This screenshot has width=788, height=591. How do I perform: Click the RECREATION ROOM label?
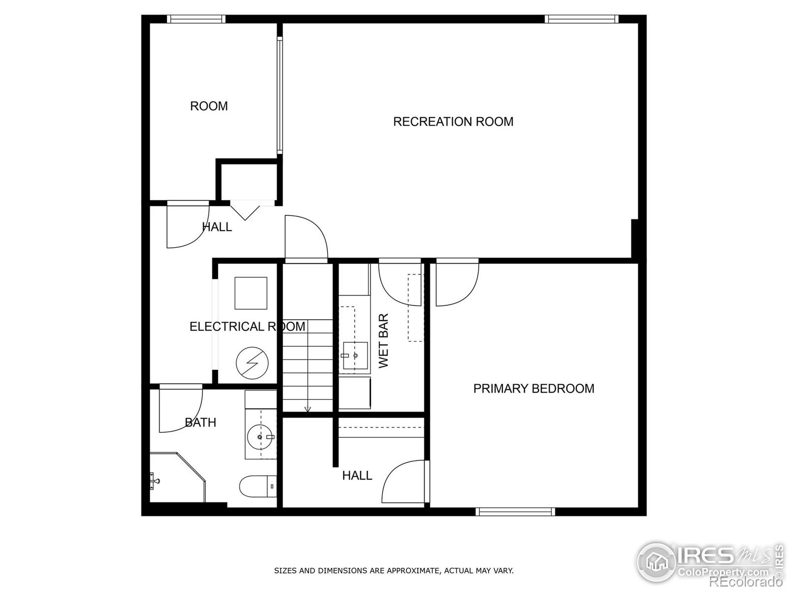[x=453, y=122]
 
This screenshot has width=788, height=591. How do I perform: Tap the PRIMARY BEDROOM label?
[x=533, y=389]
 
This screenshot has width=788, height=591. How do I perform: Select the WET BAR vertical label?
[x=384, y=341]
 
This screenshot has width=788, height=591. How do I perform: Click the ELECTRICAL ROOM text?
[x=247, y=327]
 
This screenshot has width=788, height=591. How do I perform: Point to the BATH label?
[x=200, y=422]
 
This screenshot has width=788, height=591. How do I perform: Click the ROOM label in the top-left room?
[x=209, y=106]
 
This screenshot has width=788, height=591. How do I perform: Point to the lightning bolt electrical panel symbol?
[x=252, y=363]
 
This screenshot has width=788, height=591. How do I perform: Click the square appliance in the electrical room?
[x=251, y=293]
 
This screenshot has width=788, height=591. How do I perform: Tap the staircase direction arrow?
[x=308, y=408]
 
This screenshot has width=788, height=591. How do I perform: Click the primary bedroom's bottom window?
[x=515, y=512]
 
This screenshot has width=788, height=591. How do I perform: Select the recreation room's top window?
[x=581, y=19]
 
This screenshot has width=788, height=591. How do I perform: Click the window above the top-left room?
[x=196, y=19]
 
